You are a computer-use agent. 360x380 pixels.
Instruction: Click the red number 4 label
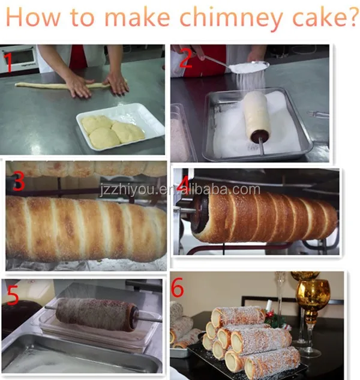(x=184, y=182)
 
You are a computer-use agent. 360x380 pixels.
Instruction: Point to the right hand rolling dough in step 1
(x=117, y=83)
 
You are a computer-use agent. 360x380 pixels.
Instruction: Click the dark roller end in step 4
(x=203, y=213)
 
